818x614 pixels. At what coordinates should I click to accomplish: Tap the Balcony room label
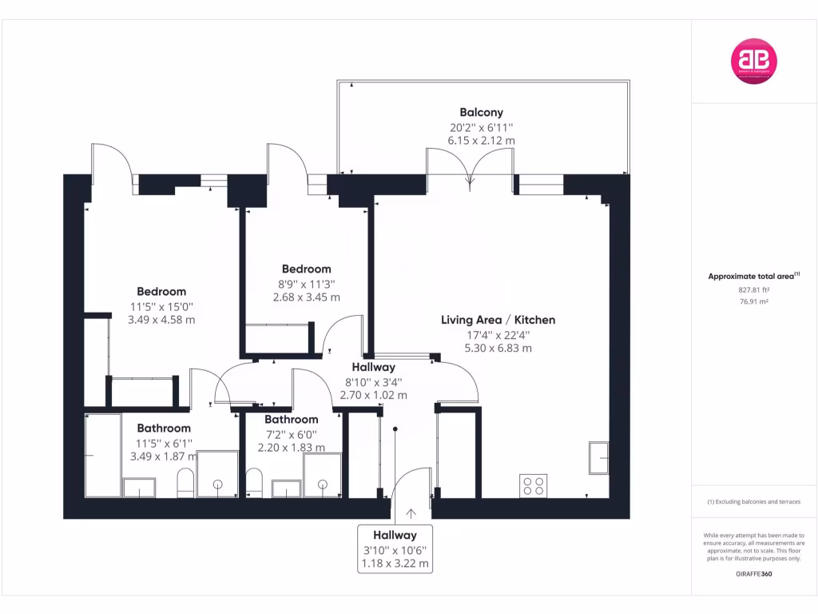point(481,113)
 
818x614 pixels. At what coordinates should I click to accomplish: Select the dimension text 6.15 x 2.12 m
point(481,140)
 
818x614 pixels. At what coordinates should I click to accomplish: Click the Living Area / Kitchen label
point(498,320)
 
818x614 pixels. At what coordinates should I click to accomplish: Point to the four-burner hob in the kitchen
point(534,485)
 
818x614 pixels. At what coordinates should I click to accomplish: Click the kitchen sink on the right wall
point(598,458)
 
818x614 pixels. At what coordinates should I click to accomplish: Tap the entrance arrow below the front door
point(411,514)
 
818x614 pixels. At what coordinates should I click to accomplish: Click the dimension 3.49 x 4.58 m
point(161,320)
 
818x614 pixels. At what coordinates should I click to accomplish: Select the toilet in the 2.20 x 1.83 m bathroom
point(255,483)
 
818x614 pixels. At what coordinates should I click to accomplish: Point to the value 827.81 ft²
point(753,290)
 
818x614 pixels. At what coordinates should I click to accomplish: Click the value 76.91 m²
point(753,301)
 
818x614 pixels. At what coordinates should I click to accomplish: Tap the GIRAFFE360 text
point(753,574)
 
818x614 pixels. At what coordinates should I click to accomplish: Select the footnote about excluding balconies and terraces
point(753,502)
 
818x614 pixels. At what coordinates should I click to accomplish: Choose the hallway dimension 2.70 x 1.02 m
point(374,395)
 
